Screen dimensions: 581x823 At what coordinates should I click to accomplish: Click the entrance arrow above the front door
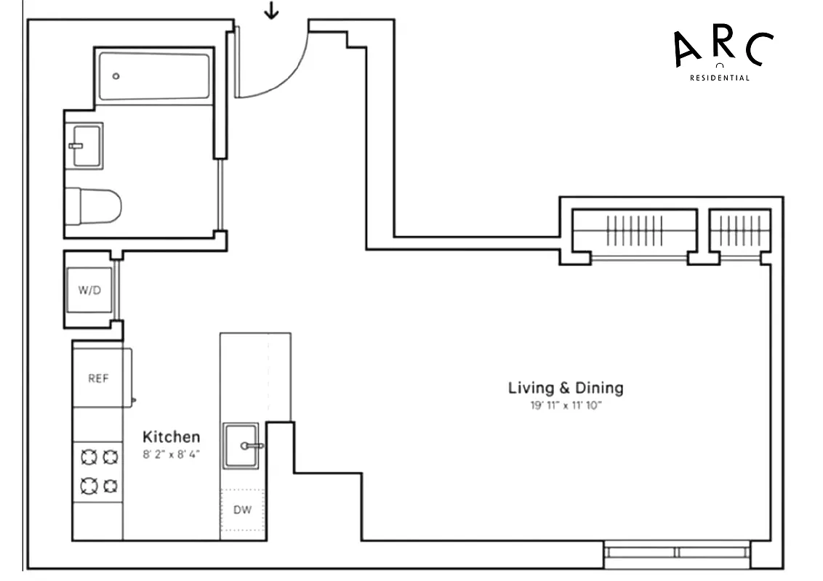(x=271, y=11)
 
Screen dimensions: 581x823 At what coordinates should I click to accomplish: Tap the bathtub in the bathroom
(x=154, y=76)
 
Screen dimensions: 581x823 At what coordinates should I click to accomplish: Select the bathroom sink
(x=84, y=145)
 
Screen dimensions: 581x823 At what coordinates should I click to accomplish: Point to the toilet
(x=93, y=206)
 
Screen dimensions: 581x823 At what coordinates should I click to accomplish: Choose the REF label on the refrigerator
(x=98, y=378)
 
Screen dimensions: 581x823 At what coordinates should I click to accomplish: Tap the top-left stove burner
(x=89, y=457)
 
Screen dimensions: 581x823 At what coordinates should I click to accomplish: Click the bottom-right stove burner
(x=110, y=484)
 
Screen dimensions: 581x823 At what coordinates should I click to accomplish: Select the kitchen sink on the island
(x=241, y=445)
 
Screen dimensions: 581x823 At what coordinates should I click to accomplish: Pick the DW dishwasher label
(x=242, y=510)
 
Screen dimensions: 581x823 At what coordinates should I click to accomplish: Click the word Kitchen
(x=171, y=436)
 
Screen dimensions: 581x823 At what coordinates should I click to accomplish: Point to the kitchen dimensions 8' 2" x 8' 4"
(x=171, y=455)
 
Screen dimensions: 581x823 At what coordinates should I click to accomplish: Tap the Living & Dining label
(x=565, y=388)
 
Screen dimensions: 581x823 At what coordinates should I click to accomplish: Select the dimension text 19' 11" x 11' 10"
(x=566, y=406)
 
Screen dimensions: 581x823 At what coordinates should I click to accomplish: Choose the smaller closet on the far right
(x=739, y=231)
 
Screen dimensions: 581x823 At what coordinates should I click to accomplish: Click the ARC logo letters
(x=722, y=48)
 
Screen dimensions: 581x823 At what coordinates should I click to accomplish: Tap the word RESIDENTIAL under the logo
(x=719, y=78)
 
